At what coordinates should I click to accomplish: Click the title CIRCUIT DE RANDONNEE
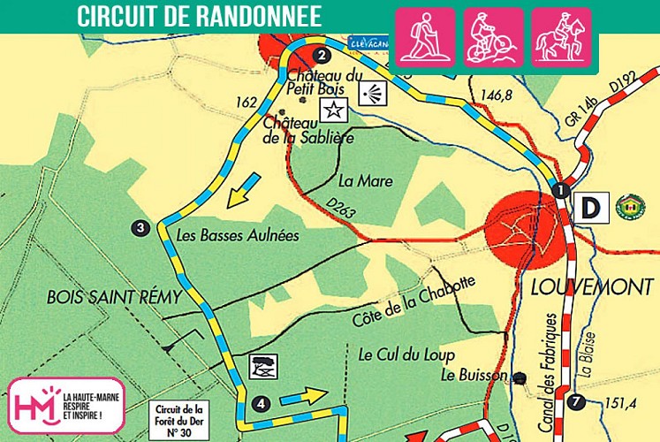tap(199, 16)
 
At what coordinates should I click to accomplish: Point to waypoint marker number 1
tap(559, 190)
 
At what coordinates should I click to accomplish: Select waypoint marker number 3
tap(141, 228)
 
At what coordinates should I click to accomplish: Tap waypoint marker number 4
tap(261, 404)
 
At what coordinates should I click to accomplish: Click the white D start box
tap(588, 208)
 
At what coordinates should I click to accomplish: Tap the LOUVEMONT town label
tap(591, 287)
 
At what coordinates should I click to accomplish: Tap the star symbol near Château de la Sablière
tap(334, 110)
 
